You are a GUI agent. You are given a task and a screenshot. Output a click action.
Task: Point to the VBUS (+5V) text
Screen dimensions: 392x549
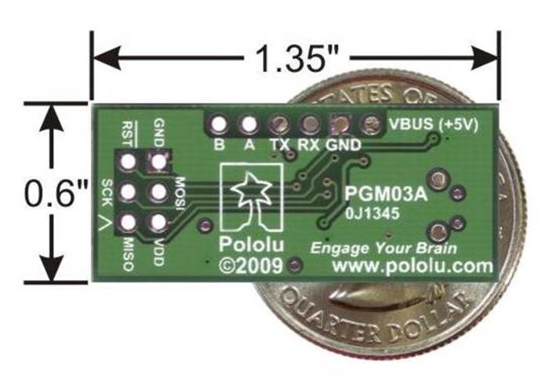(434, 125)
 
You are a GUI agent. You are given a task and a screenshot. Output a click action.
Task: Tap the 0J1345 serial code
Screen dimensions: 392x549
(373, 212)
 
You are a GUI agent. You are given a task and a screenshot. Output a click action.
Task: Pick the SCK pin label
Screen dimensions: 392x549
(107, 193)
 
